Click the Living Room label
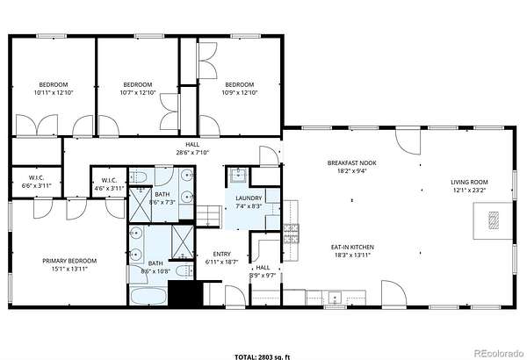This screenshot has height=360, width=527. pyautogui.click(x=469, y=182)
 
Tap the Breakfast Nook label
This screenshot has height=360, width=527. pyautogui.click(x=352, y=163)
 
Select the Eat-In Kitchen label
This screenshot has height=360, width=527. pyautogui.click(x=352, y=247)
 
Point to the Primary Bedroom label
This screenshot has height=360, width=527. pyautogui.click(x=69, y=261)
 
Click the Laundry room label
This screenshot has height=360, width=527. pyautogui.click(x=249, y=198)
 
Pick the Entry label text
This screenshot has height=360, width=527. pyautogui.click(x=222, y=254)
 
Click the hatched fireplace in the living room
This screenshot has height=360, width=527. pyautogui.click(x=494, y=220)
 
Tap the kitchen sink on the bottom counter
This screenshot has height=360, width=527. pyautogui.click(x=336, y=298)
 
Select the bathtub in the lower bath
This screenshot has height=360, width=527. pyautogui.click(x=148, y=296)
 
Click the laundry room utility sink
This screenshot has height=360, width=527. pyautogui.click(x=239, y=174)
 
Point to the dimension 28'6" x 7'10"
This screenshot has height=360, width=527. pyautogui.click(x=192, y=152)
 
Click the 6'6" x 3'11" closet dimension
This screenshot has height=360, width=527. pyautogui.click(x=36, y=185)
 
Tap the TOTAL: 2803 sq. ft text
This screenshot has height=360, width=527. pyautogui.click(x=262, y=356)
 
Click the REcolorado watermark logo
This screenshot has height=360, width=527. pyautogui.click(x=499, y=353)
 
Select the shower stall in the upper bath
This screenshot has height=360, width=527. pyautogui.click(x=141, y=205)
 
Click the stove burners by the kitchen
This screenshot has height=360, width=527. pyautogui.click(x=291, y=234)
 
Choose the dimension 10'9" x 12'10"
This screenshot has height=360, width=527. pyautogui.click(x=240, y=92)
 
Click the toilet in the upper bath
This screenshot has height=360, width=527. pyautogui.click(x=138, y=176)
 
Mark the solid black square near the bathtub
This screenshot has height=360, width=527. pyautogui.click(x=184, y=292)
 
